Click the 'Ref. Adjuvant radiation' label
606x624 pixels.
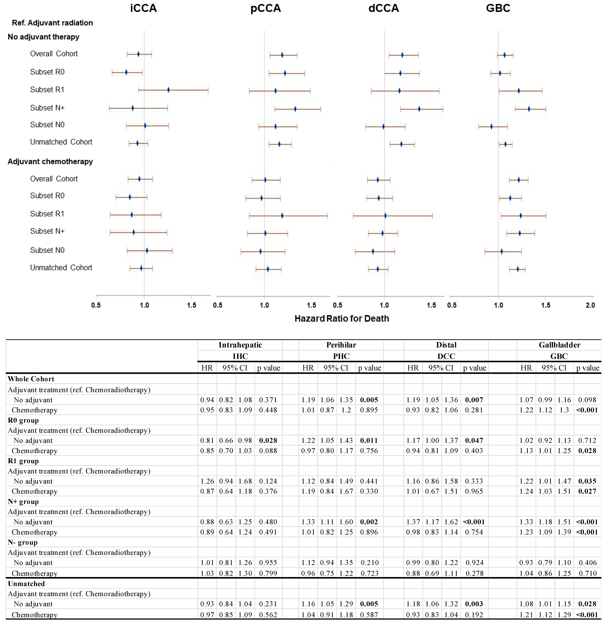click(52, 23)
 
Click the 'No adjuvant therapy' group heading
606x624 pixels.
click(43, 37)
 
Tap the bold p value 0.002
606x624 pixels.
click(369, 522)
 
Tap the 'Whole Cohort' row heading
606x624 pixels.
click(31, 379)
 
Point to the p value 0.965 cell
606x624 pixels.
click(474, 491)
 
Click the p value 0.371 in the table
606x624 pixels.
click(268, 400)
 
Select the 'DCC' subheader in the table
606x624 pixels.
click(446, 356)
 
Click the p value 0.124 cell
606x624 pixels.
click(268, 481)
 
